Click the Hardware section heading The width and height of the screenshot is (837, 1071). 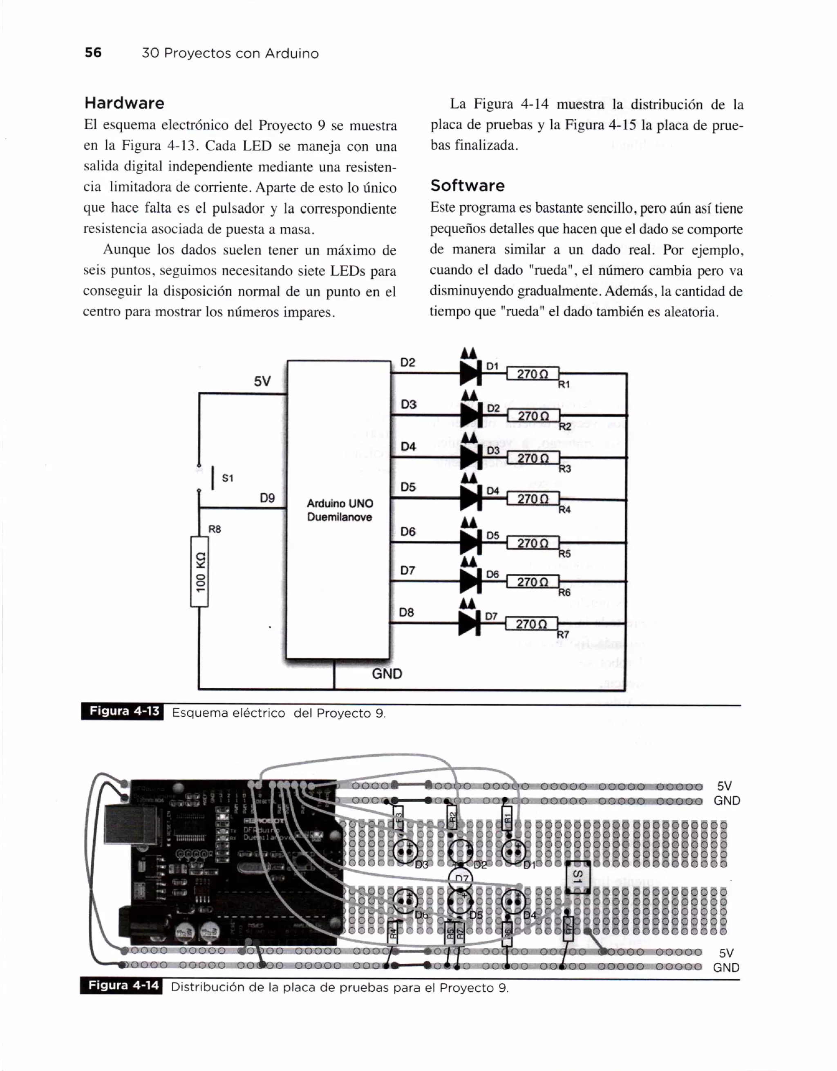pyautogui.click(x=124, y=103)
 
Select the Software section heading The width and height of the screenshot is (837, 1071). pyautogui.click(x=467, y=186)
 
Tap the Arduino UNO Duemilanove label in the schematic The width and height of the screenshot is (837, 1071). pyautogui.click(x=339, y=510)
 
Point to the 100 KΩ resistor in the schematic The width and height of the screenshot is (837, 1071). pyautogui.click(x=199, y=572)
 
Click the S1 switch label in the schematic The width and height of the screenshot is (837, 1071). pyautogui.click(x=228, y=478)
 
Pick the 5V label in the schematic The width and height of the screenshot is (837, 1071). pyautogui.click(x=262, y=381)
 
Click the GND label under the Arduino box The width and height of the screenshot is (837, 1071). pyautogui.click(x=387, y=674)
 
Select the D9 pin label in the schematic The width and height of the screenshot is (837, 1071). pyautogui.click(x=267, y=498)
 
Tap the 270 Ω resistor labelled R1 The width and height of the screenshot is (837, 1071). pyautogui.click(x=533, y=373)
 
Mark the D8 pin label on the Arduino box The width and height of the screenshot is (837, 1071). pyautogui.click(x=407, y=612)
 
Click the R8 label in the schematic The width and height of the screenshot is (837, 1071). pyautogui.click(x=215, y=529)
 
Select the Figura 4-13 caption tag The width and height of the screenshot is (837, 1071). pyautogui.click(x=123, y=711)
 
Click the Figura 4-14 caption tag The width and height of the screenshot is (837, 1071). pyautogui.click(x=123, y=986)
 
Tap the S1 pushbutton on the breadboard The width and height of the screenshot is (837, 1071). pyautogui.click(x=577, y=877)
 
